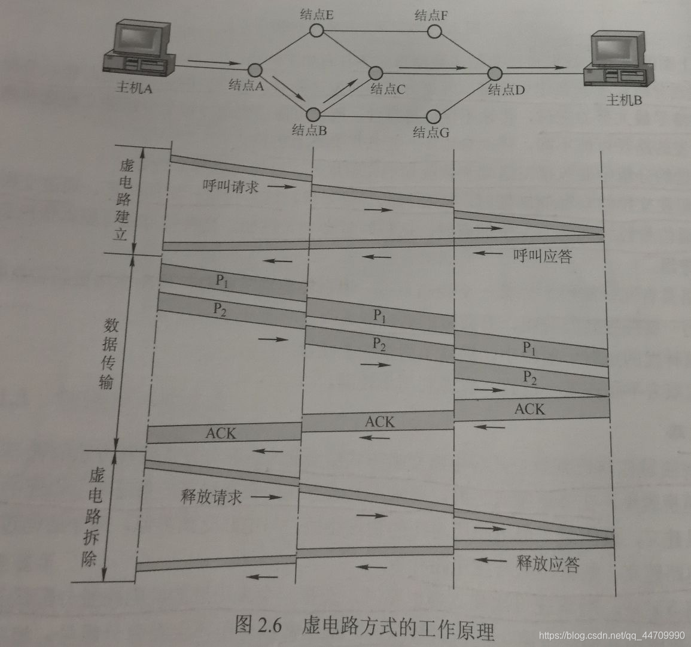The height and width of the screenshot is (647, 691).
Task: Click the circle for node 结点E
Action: click(316, 29)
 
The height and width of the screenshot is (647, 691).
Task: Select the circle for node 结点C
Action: click(376, 73)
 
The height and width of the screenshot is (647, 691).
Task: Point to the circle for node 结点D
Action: click(494, 73)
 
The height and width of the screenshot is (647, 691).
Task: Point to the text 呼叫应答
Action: click(543, 256)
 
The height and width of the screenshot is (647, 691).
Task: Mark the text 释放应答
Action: click(547, 563)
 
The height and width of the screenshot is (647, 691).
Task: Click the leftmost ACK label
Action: click(221, 433)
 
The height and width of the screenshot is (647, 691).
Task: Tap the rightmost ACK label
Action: click(529, 409)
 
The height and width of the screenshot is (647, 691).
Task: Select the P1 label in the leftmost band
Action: click(221, 281)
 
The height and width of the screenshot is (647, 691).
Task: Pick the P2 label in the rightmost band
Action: click(529, 376)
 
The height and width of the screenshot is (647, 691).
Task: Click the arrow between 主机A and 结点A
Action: click(212, 62)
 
